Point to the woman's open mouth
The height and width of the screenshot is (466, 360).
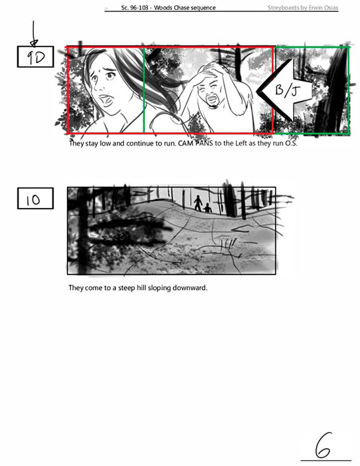click(106, 100)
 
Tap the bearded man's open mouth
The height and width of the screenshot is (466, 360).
click(211, 98)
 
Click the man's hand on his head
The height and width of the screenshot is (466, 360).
click(208, 72)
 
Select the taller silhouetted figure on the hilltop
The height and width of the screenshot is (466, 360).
click(198, 202)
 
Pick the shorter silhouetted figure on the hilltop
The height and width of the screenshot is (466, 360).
click(207, 207)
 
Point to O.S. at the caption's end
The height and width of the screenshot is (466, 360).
click(291, 144)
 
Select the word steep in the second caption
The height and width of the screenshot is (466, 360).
click(127, 288)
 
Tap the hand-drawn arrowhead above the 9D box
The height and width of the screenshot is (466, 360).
click(34, 43)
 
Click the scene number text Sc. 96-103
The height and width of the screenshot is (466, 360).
click(135, 8)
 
